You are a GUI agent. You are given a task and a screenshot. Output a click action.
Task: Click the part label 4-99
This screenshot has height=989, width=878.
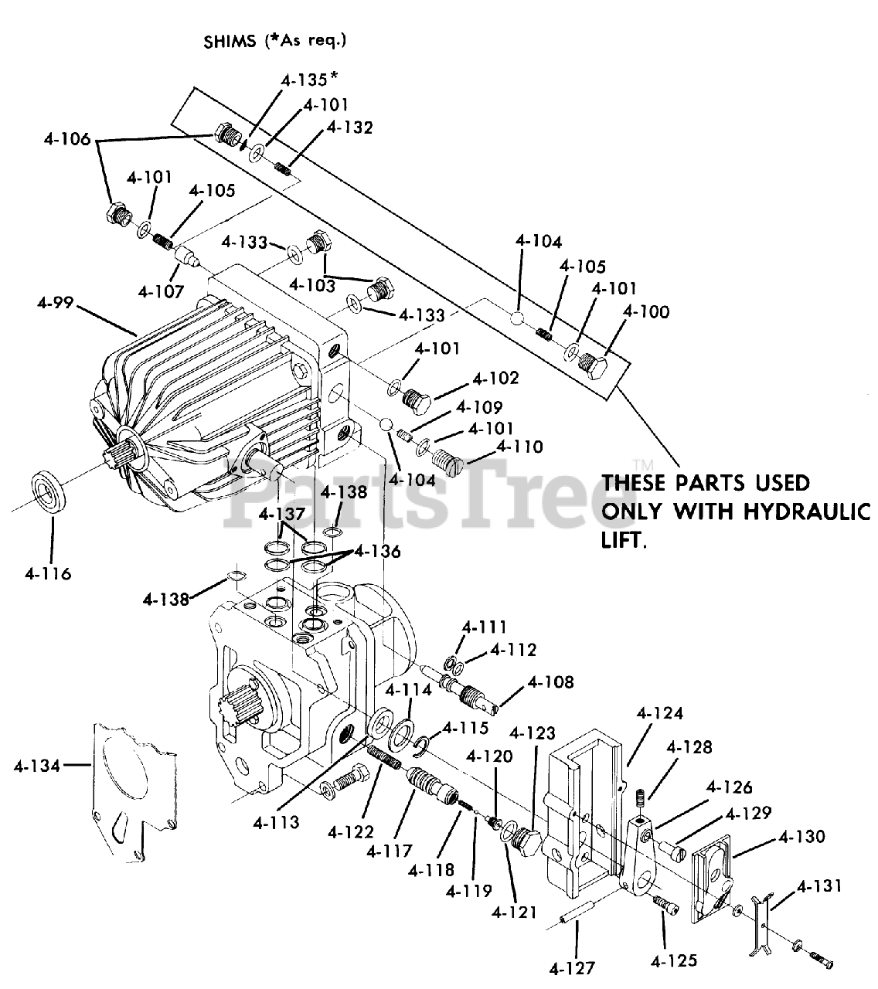(54, 302)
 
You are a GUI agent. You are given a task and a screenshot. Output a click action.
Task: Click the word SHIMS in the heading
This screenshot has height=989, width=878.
(230, 40)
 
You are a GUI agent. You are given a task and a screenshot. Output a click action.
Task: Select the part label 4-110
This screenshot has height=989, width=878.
(519, 447)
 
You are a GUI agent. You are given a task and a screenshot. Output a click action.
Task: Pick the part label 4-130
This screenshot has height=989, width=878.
(801, 837)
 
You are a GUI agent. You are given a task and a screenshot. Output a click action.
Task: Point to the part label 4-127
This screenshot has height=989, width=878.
(573, 967)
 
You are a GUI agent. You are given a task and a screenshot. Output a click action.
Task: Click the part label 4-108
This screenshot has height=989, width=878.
(551, 681)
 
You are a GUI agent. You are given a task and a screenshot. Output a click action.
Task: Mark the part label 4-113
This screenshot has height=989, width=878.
(276, 823)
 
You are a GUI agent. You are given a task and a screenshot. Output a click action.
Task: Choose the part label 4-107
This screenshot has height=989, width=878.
(162, 291)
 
